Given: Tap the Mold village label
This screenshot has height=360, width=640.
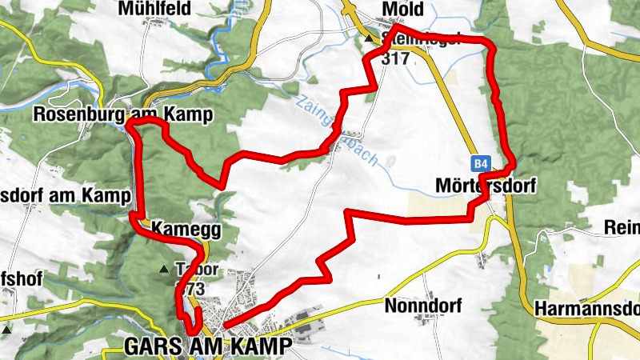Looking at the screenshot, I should pyautogui.click(x=402, y=9).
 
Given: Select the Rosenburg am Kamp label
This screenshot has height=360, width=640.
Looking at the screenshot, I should pyautogui.click(x=122, y=115).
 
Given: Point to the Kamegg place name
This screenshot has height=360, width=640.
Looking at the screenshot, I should pyautogui.click(x=184, y=230).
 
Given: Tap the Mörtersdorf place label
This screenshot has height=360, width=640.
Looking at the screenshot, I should pyautogui.click(x=484, y=186).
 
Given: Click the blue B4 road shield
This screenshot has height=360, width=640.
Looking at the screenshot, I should pyautogui.click(x=479, y=164).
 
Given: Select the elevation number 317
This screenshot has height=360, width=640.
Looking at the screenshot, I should pyautogui.click(x=395, y=58).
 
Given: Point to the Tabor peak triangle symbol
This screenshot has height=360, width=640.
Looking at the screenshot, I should pyautogui.click(x=166, y=269).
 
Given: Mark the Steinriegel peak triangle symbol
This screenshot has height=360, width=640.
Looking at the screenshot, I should pyautogui.click(x=369, y=38).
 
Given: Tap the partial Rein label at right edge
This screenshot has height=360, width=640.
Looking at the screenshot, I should pyautogui.click(x=623, y=229).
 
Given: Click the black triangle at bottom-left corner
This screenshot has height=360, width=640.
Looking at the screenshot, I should pyautogui.click(x=6, y=329).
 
